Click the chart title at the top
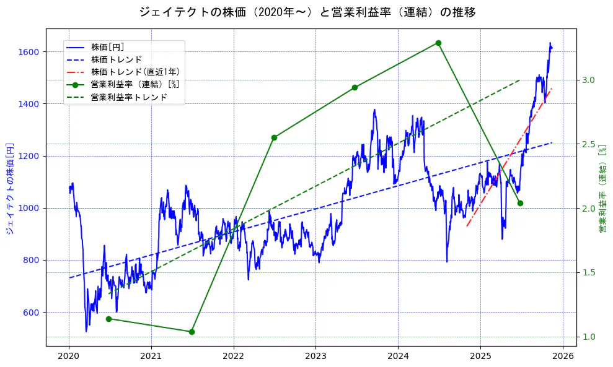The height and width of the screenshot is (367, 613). [307, 12]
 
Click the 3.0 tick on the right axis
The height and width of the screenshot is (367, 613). [588, 80]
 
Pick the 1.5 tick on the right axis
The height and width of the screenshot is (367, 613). [588, 272]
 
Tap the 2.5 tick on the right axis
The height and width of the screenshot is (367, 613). [588, 144]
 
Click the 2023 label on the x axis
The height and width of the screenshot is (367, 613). [315, 356]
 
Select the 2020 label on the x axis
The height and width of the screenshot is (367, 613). [69, 356]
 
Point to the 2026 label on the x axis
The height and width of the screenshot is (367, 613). [562, 356]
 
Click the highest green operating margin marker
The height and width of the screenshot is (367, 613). [438, 43]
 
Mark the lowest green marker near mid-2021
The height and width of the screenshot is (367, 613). [192, 332]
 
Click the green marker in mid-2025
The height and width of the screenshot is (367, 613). [520, 203]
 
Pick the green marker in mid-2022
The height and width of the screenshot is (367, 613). [274, 137]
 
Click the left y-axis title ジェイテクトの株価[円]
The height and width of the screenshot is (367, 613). [10, 189]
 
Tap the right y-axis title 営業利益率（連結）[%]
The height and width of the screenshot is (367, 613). [602, 189]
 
